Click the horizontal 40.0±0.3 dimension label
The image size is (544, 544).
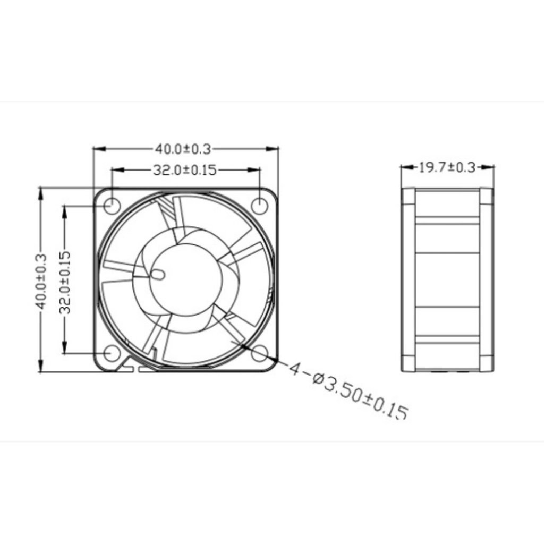(x=183, y=149)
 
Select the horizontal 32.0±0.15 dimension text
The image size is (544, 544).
(x=185, y=170)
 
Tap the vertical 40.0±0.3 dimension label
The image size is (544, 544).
(x=40, y=281)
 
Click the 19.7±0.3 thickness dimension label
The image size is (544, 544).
(x=447, y=167)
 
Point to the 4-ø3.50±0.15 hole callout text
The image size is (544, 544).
(x=348, y=390)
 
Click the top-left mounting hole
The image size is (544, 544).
(x=112, y=206)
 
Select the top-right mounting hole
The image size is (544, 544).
(x=260, y=206)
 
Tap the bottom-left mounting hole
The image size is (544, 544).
(x=112, y=353)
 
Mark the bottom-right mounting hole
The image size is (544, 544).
(x=260, y=353)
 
